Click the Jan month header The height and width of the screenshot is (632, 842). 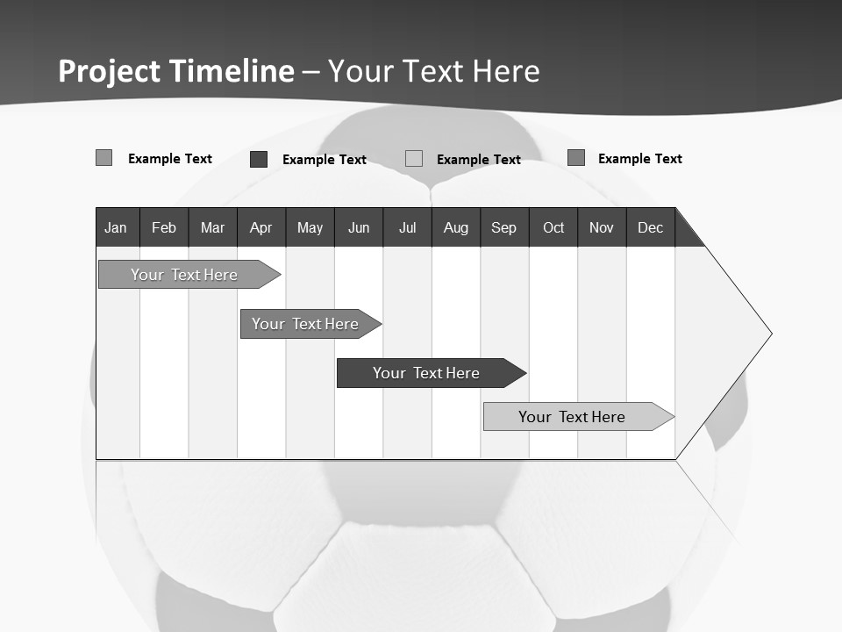(116, 228)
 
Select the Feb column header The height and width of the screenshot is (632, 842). (164, 228)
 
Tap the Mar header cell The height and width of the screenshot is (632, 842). (212, 228)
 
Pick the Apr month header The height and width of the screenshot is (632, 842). (260, 228)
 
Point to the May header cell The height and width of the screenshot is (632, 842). (310, 228)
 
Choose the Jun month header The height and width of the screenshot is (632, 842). (359, 228)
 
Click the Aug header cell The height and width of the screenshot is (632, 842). (455, 228)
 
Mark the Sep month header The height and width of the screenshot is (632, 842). (503, 228)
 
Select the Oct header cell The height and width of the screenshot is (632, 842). (553, 228)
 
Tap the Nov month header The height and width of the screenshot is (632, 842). (602, 228)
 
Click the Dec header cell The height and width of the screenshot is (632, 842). (650, 228)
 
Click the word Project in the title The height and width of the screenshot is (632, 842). (109, 71)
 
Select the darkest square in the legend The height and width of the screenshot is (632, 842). (259, 159)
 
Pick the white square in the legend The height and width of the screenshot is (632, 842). (414, 159)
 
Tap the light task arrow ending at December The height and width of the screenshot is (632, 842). (574, 417)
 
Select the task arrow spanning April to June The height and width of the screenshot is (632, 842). (307, 324)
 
